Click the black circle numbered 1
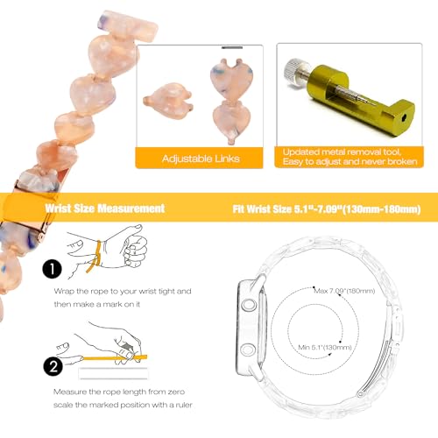point(52,269)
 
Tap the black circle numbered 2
point(53,366)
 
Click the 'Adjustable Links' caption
point(201,159)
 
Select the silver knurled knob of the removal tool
point(294,72)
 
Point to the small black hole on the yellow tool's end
point(404,118)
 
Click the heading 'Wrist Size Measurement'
point(105,208)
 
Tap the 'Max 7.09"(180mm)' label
point(344,291)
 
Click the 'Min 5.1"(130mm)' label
point(325,347)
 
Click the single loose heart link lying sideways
point(168,101)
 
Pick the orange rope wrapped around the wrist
point(95,257)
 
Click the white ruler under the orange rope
point(113,373)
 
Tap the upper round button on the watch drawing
point(249,305)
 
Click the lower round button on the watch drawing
point(248,350)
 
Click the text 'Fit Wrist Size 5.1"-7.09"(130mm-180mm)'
point(327,209)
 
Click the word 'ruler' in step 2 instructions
point(184,405)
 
